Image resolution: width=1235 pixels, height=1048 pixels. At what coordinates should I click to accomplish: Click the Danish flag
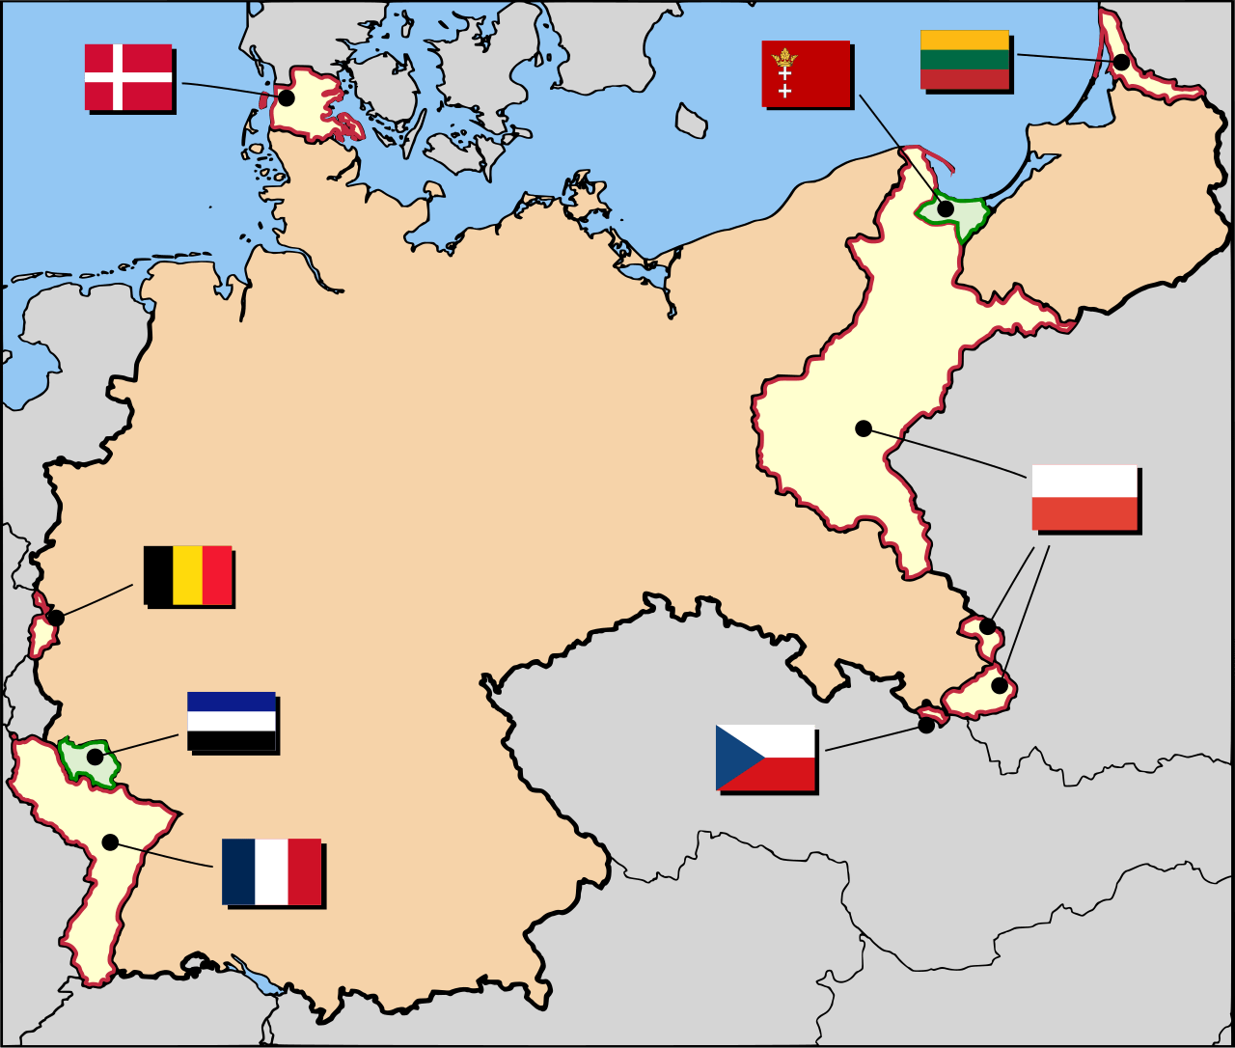[128, 76]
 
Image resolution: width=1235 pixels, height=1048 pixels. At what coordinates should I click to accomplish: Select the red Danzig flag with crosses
[806, 73]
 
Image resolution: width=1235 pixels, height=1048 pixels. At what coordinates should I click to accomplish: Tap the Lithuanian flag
[965, 60]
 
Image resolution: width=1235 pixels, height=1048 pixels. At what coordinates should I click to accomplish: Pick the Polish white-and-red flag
[1084, 497]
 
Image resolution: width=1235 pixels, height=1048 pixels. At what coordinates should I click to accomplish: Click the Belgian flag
[188, 575]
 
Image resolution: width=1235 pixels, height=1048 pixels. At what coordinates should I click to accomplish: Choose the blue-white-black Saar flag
[232, 721]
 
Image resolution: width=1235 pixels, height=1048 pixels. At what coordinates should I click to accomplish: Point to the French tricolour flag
[271, 871]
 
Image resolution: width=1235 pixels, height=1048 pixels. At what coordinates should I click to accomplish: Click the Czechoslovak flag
[765, 758]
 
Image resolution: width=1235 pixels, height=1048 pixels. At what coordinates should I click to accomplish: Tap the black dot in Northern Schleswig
[287, 97]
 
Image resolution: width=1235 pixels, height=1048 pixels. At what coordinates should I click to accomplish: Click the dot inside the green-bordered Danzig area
[946, 208]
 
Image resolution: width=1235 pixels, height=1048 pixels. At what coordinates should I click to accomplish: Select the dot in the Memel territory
[1121, 62]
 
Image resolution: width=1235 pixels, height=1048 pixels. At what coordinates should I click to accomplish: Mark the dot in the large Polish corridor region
[864, 428]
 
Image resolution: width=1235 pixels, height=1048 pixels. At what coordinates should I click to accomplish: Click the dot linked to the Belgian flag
[56, 618]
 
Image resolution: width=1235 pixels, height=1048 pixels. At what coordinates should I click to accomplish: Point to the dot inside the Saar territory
[95, 757]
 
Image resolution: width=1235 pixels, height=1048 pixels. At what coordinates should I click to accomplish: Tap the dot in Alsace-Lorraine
[110, 842]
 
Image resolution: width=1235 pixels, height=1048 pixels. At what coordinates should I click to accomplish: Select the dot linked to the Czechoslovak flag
[926, 725]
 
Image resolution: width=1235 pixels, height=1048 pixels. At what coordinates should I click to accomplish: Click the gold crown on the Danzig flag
[784, 56]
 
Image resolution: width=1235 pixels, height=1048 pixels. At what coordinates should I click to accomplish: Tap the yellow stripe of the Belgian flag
[188, 575]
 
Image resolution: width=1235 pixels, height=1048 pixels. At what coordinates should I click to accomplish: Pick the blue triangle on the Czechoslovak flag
[730, 758]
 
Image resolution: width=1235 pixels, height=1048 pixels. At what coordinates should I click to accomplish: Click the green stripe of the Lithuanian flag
[965, 60]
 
